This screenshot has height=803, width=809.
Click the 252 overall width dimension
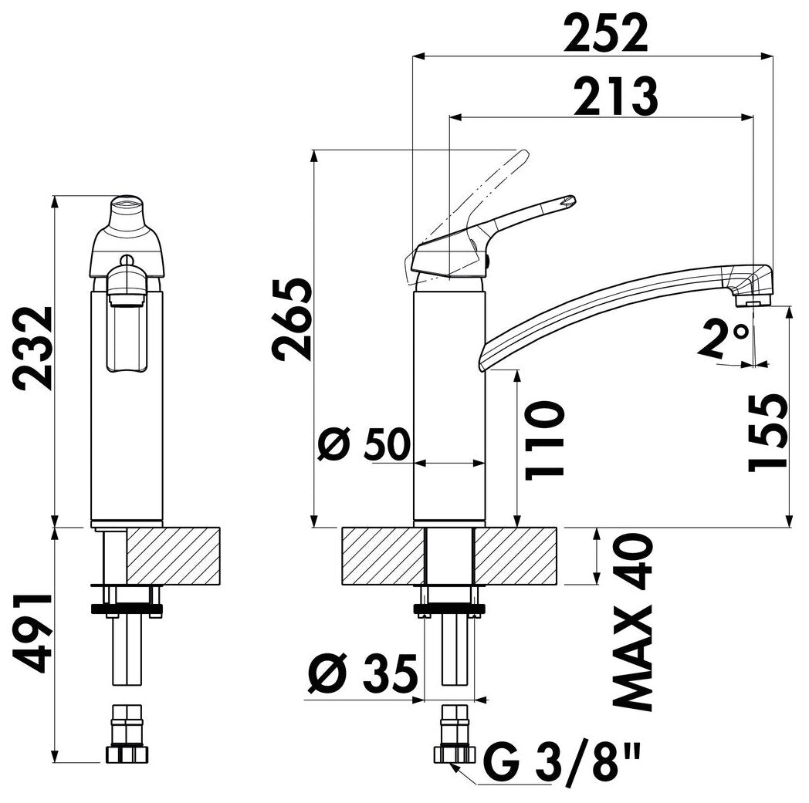[x=605, y=33]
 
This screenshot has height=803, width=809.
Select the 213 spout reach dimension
[x=616, y=96]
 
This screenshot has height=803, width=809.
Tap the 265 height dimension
[x=293, y=319]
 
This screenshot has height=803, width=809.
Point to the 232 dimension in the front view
[x=32, y=348]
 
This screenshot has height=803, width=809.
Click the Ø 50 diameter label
[x=364, y=444]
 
